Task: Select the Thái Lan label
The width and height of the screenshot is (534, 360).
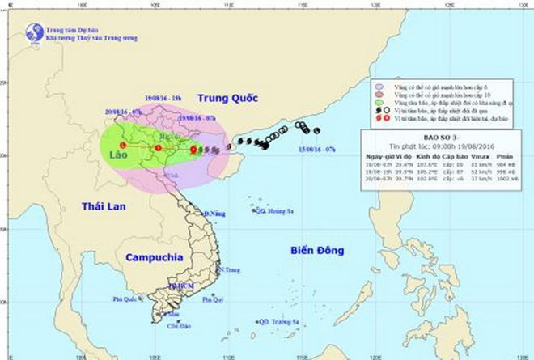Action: pyautogui.click(x=102, y=208)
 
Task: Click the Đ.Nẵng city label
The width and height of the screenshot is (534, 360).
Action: pyautogui.click(x=214, y=214)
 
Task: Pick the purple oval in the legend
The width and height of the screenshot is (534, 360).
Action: pyautogui.click(x=379, y=84)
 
